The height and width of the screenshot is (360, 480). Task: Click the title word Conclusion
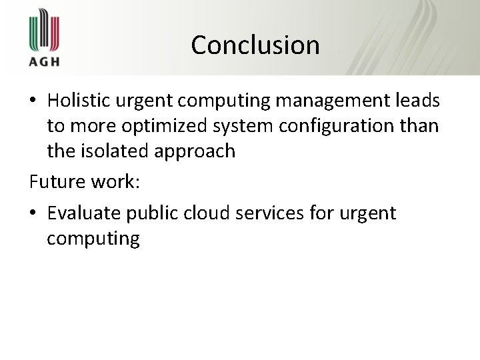tap(255, 45)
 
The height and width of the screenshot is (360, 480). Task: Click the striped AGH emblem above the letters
tap(44, 31)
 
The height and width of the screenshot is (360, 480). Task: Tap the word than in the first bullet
tap(419, 126)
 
